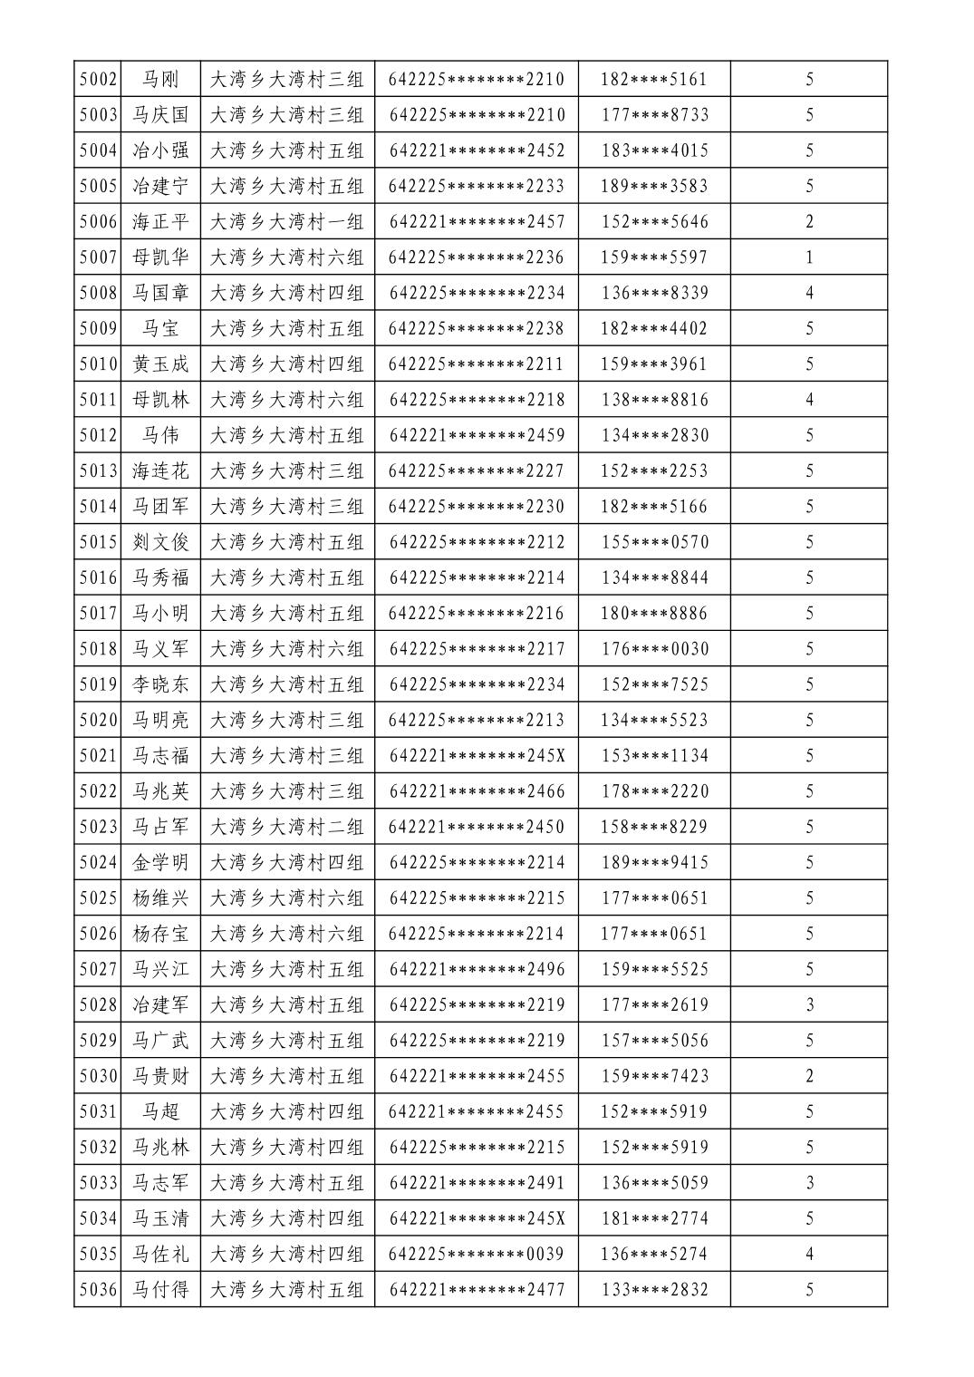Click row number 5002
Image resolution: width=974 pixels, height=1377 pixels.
(98, 80)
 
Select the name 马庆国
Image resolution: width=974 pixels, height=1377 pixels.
(160, 115)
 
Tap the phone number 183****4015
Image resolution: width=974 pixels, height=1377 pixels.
(655, 150)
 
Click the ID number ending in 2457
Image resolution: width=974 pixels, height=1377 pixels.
(477, 222)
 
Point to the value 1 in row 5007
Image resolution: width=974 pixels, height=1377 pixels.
(809, 257)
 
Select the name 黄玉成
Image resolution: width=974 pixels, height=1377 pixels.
(160, 364)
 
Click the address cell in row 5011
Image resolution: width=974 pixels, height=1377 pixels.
(286, 400)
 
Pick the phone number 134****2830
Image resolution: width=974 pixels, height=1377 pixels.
(655, 435)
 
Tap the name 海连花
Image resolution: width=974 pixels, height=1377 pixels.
(160, 471)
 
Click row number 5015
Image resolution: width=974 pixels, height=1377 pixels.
(98, 542)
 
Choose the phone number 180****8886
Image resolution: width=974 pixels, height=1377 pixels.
(655, 614)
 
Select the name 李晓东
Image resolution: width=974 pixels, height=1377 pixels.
(160, 684)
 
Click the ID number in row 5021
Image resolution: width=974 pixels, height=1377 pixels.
(477, 756)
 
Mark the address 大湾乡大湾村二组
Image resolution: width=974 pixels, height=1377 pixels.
(286, 827)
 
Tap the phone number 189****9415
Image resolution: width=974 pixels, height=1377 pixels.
(655, 862)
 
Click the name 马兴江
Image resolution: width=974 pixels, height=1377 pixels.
(160, 969)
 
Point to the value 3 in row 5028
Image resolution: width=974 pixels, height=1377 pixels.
(809, 1004)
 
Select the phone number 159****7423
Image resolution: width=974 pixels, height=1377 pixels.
(655, 1076)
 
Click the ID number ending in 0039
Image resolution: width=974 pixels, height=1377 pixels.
(477, 1255)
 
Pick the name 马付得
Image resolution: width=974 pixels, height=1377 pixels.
(160, 1290)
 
